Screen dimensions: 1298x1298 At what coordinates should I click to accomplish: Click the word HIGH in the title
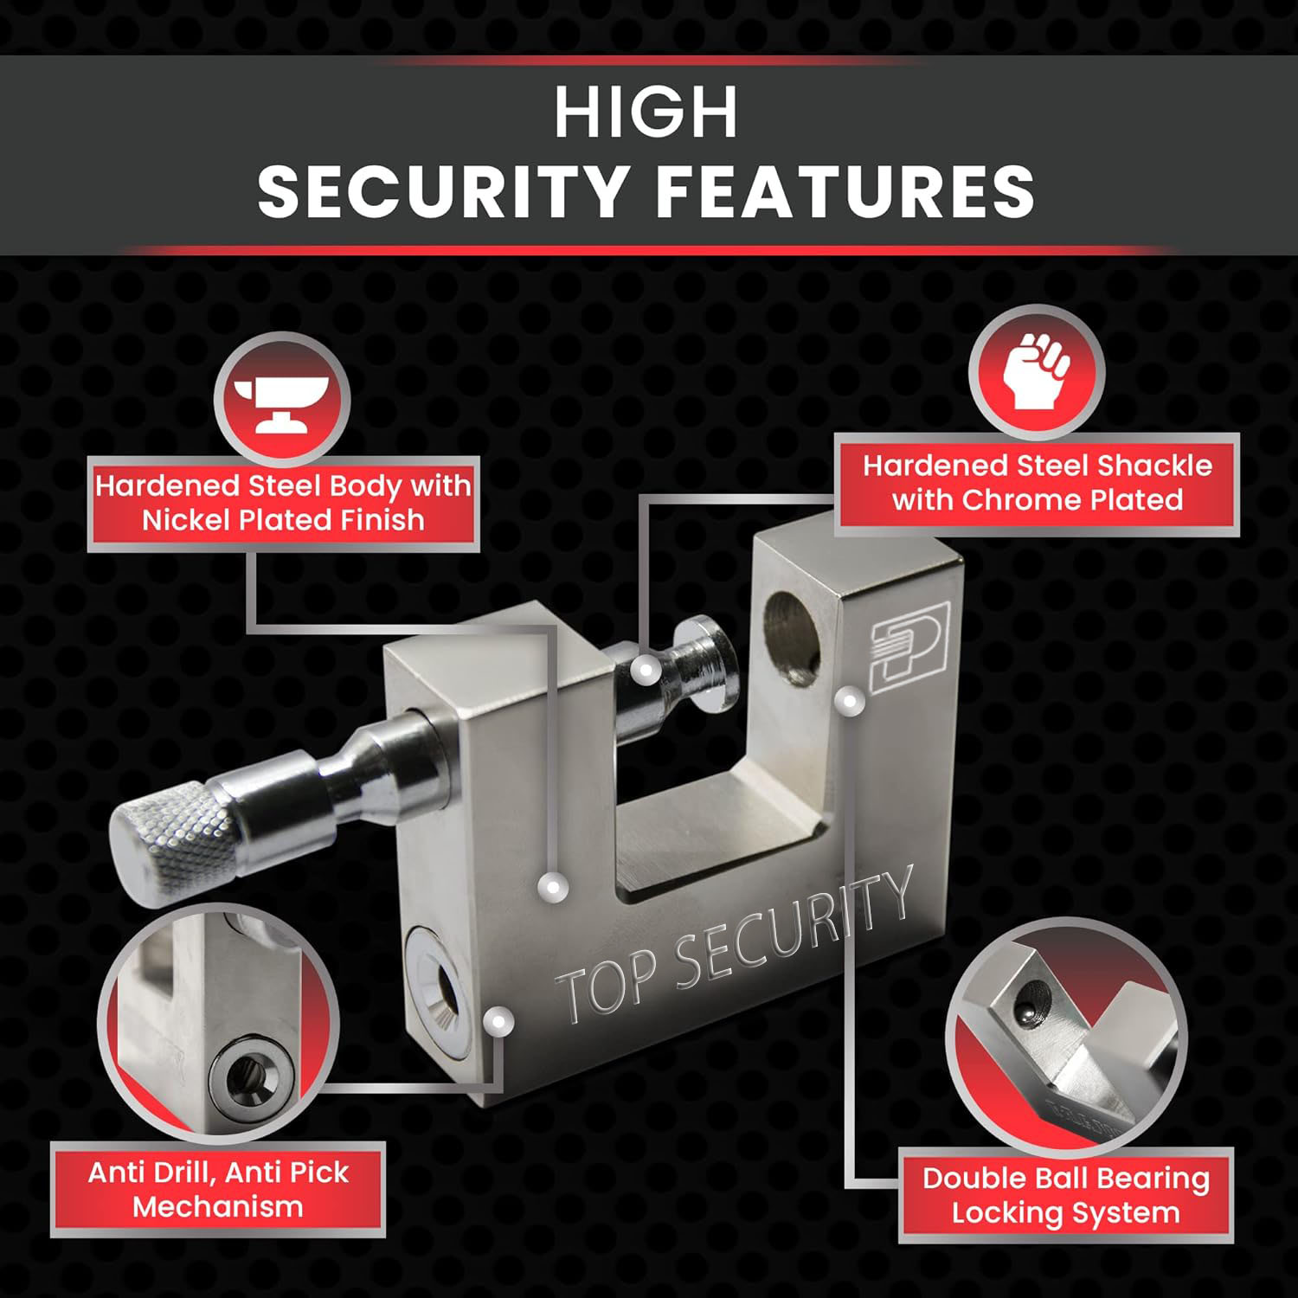tap(646, 112)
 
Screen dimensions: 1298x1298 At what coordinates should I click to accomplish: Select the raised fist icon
tap(1037, 370)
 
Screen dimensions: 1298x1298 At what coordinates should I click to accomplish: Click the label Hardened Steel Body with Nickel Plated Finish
tap(283, 503)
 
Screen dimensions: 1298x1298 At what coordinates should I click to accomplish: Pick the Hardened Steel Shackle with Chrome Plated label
tap(1038, 483)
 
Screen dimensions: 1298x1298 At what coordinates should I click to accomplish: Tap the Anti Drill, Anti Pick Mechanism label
tap(218, 1189)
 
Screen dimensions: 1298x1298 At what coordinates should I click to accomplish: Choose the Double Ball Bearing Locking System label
tap(1066, 1195)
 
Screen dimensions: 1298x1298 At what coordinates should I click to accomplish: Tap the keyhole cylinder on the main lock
tap(437, 990)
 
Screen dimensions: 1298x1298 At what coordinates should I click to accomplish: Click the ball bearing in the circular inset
tap(1030, 1012)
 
